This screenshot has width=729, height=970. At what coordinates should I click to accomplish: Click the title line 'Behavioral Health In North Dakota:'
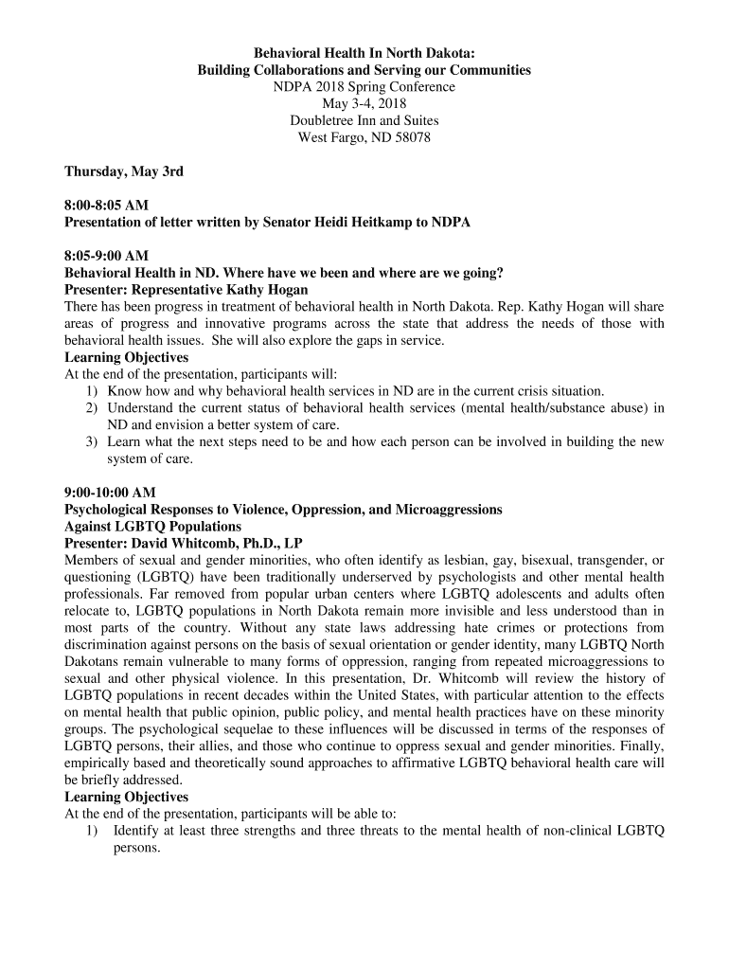364,53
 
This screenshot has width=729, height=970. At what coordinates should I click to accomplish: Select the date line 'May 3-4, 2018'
364,104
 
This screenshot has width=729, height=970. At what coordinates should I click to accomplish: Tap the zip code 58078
411,138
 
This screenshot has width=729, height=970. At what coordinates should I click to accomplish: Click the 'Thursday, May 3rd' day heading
124,171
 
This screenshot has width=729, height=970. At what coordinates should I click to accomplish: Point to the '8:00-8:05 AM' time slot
106,206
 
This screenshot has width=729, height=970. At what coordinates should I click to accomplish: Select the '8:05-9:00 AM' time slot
106,256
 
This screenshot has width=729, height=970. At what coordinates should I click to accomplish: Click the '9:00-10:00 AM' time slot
110,493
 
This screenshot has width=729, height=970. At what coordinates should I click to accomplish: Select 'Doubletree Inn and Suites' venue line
364,121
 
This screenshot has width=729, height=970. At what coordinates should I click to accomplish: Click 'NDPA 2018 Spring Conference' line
364,87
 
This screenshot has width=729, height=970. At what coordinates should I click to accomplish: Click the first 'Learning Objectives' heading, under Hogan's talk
126,357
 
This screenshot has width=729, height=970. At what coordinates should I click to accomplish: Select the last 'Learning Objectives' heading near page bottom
126,798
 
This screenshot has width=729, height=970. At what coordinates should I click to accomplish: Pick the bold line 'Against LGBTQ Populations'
152,527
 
